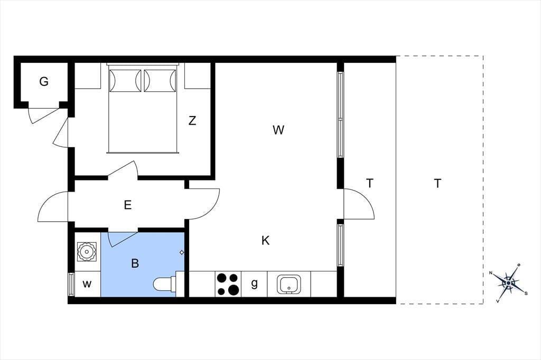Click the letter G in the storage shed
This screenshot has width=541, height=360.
(x=44, y=82)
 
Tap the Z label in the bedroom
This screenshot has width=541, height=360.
(x=192, y=121)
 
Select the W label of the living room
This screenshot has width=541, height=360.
(x=278, y=130)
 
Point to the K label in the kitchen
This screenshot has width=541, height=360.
(x=265, y=240)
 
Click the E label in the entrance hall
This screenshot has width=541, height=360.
(x=128, y=205)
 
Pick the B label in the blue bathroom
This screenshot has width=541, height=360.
(x=135, y=263)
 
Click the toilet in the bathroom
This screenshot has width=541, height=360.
(x=165, y=284)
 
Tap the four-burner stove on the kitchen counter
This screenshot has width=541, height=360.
(x=228, y=284)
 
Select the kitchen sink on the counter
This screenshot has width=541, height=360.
(x=289, y=284)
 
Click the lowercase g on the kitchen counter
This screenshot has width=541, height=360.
(x=254, y=283)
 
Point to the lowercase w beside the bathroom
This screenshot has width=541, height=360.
(x=87, y=284)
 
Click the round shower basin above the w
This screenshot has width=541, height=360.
(x=86, y=251)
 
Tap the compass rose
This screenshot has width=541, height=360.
(x=509, y=283)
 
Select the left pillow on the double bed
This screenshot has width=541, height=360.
(x=125, y=81)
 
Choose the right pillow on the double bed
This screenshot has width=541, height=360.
(x=160, y=81)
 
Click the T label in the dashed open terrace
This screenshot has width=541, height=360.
(x=437, y=184)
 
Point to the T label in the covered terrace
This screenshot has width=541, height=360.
(x=369, y=184)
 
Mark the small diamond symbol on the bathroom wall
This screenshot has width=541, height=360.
(x=182, y=252)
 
